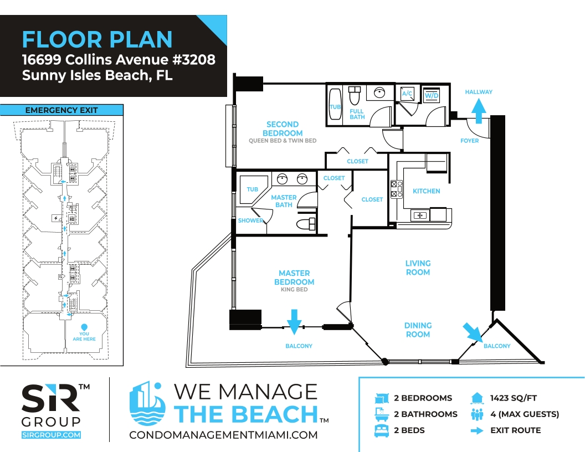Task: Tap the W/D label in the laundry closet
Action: tap(432, 95)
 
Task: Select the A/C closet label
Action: tap(407, 93)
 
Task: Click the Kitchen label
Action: tap(426, 191)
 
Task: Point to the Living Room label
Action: tap(418, 268)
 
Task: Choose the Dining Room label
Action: tap(418, 330)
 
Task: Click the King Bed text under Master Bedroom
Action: tap(294, 289)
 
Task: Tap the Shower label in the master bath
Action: tap(250, 220)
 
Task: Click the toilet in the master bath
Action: tap(306, 224)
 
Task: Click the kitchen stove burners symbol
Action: tap(396, 189)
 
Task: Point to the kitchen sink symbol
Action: tap(420, 215)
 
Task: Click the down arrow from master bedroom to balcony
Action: tap(294, 321)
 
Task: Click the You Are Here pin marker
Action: tap(84, 327)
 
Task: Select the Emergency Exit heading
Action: tap(61, 110)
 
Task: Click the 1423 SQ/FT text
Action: tap(514, 398)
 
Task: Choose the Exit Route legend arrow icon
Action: tap(477, 431)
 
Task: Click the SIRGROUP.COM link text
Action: tap(51, 435)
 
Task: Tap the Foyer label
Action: tap(469, 141)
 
